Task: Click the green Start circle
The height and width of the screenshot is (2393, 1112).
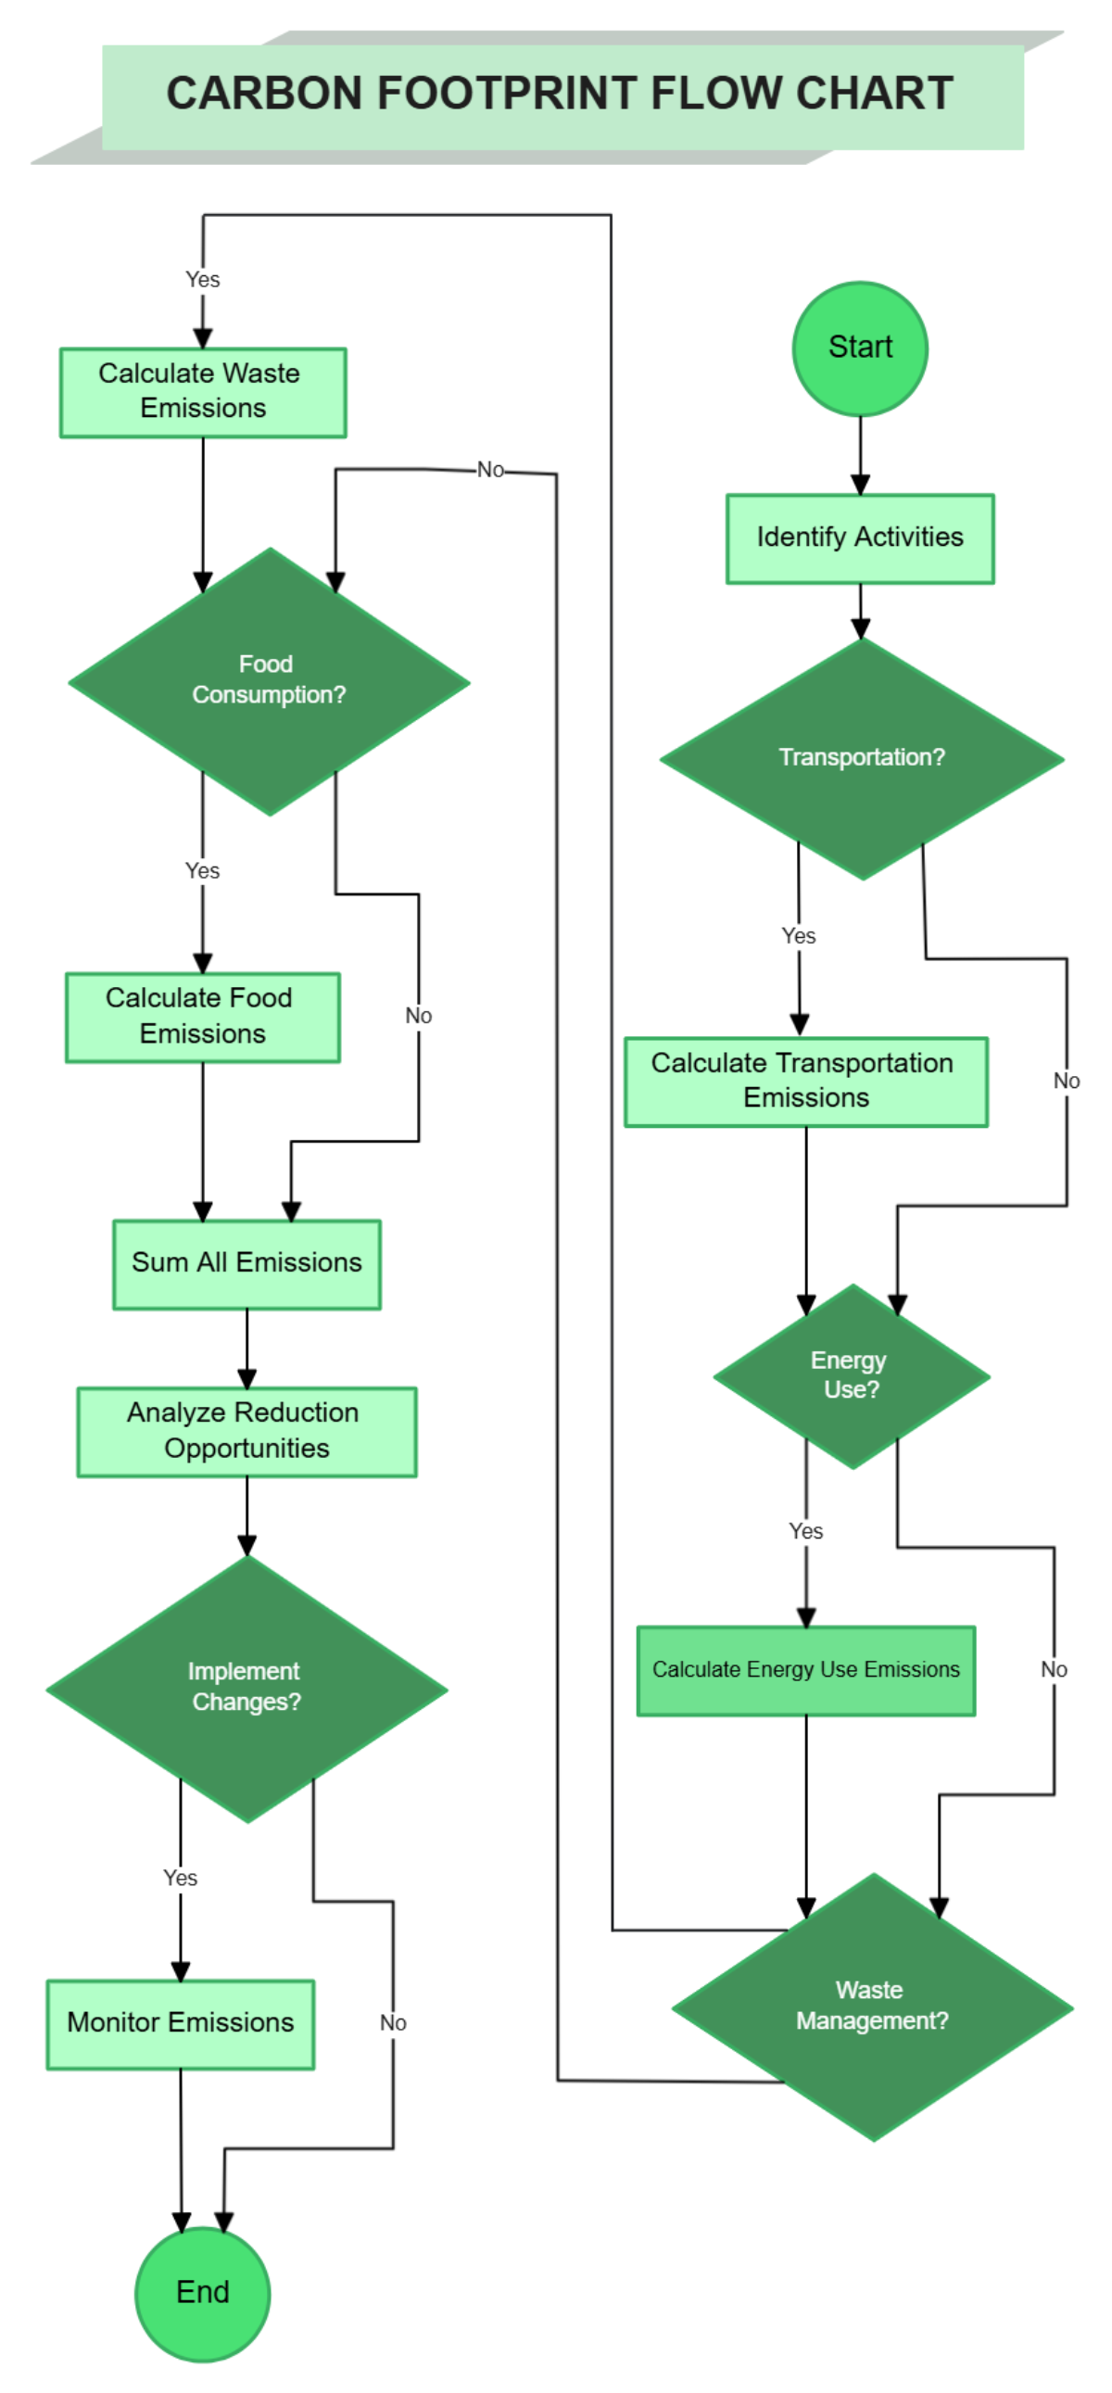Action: click(859, 348)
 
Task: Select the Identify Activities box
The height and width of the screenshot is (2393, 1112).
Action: click(859, 538)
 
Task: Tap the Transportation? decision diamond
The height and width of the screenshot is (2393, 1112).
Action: click(861, 758)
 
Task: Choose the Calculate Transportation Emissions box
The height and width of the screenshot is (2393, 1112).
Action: click(804, 1081)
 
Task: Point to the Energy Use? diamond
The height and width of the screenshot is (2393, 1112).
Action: click(850, 1374)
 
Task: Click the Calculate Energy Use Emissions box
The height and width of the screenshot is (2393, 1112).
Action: click(804, 1669)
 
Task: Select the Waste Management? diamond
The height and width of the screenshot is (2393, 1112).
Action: click(871, 2006)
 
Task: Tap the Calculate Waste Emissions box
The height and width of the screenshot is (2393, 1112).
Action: click(203, 391)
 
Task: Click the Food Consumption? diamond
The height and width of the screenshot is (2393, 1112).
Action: click(269, 681)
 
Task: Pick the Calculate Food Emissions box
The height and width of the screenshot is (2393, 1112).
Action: click(203, 1017)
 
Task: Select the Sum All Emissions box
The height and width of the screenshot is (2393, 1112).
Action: click(246, 1263)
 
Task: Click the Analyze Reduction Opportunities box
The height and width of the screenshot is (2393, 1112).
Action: click(246, 1431)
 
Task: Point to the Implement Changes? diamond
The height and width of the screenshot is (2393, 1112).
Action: click(246, 1687)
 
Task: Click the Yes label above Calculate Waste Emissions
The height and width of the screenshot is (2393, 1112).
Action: click(203, 280)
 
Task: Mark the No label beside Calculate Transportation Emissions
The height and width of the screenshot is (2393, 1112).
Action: click(1066, 1081)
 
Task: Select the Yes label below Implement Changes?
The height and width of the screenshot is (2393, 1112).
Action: click(180, 1878)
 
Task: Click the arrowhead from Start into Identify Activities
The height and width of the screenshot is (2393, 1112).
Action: click(859, 485)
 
